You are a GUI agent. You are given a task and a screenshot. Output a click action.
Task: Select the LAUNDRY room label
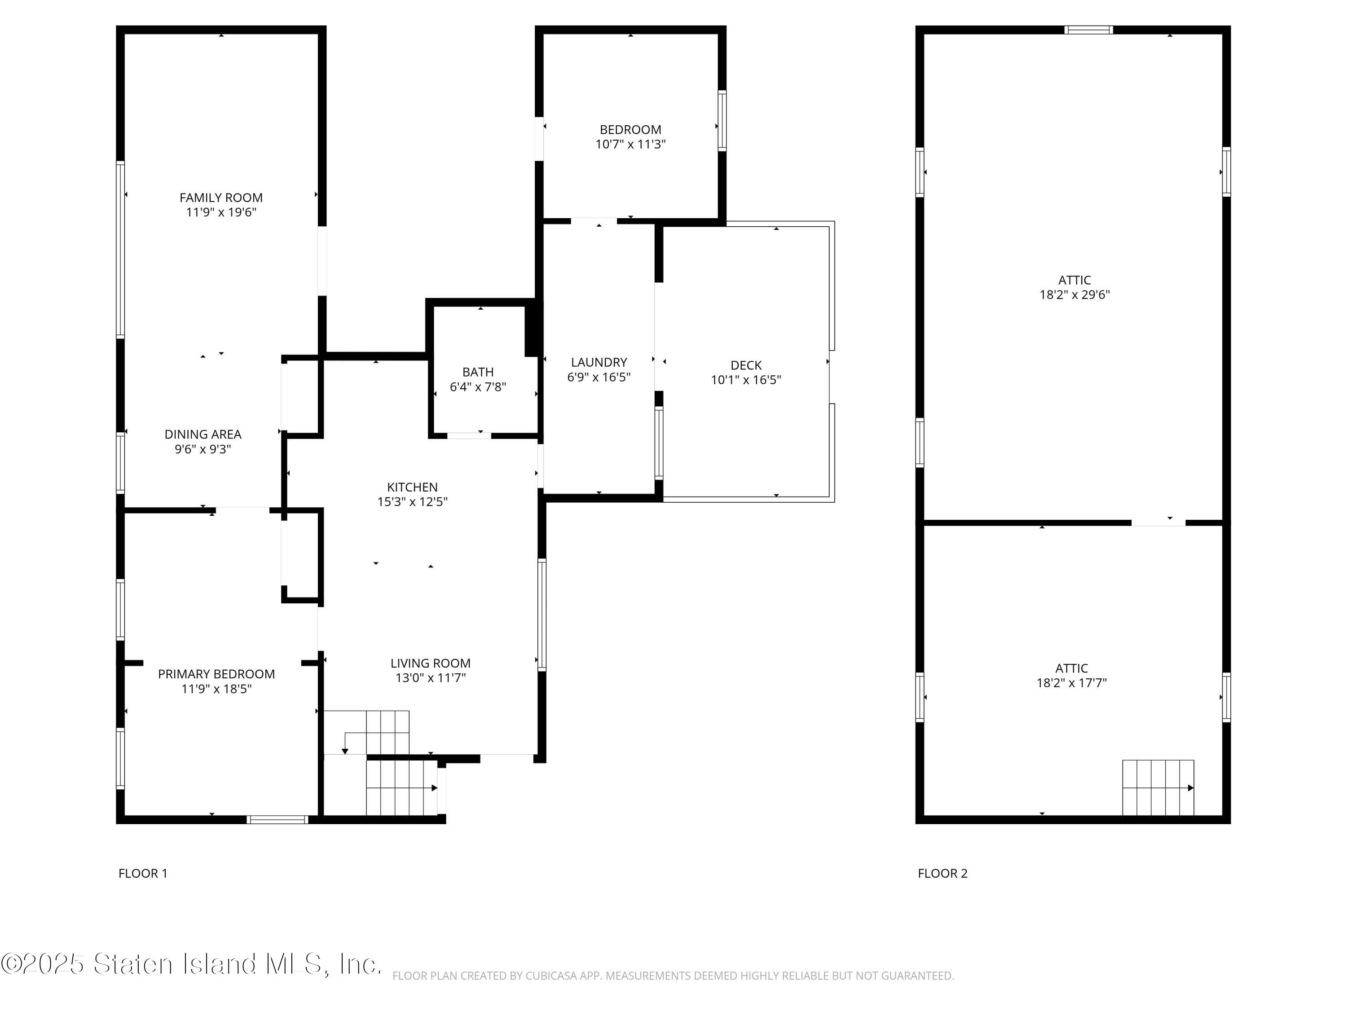599,362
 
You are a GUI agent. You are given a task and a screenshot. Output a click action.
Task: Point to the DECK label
746,365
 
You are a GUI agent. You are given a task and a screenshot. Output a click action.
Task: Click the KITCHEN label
412,487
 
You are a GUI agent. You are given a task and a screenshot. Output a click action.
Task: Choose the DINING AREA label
203,435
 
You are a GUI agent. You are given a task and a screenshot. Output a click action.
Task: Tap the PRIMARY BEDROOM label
216,674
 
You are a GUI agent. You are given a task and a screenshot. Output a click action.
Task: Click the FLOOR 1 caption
142,874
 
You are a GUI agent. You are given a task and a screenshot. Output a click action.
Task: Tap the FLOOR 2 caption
942,874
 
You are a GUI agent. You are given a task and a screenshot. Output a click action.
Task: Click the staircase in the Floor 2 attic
1158,788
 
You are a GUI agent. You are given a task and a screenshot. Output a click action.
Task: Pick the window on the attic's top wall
1088,30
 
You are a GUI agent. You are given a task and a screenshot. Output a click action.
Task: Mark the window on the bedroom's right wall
722,121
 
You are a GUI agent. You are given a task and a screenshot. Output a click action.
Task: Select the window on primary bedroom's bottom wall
277,819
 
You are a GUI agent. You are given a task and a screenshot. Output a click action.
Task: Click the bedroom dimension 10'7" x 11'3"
630,144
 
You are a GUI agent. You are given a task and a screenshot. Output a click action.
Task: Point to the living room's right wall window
541,615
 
